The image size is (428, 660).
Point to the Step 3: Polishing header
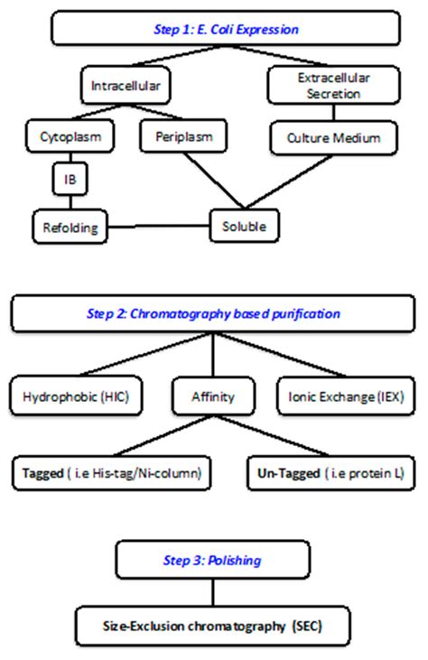pos(213,560)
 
